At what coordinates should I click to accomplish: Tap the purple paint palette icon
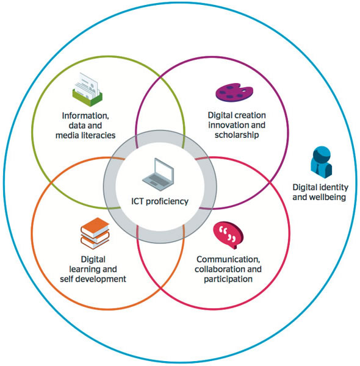[233, 92]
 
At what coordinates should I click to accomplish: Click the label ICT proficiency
[160, 201]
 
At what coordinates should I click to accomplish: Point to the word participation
[228, 279]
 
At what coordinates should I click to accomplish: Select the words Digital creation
[237, 115]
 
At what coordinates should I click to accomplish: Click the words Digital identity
[320, 187]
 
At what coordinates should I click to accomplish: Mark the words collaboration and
[228, 269]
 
